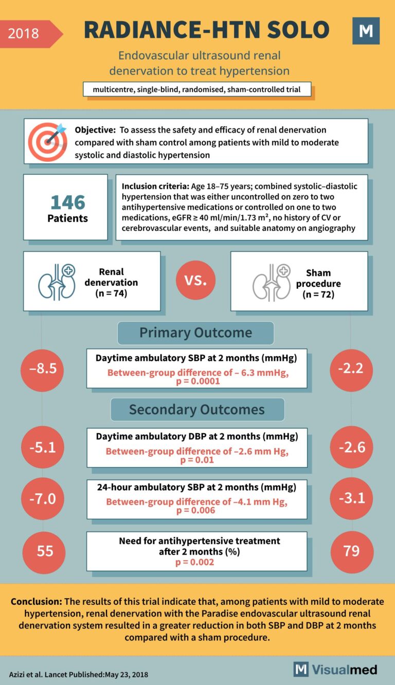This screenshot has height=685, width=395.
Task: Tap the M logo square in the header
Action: pos(366,31)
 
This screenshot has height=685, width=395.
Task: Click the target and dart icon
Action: pos(47,140)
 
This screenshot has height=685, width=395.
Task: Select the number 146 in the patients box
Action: pos(67,202)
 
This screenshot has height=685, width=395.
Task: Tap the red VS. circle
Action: pos(195,281)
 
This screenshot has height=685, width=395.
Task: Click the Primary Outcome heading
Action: pos(195,332)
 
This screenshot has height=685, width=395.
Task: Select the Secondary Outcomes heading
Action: pos(196,409)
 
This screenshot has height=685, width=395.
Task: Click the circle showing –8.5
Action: pos(42,369)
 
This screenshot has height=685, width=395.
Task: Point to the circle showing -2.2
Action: pos(352,369)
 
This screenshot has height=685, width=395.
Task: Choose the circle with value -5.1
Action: pos(42,447)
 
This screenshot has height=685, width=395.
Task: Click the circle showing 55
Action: pos(44,551)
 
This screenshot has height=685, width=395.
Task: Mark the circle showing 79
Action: pos(352,551)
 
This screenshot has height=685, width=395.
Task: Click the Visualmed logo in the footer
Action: pos(335,669)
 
